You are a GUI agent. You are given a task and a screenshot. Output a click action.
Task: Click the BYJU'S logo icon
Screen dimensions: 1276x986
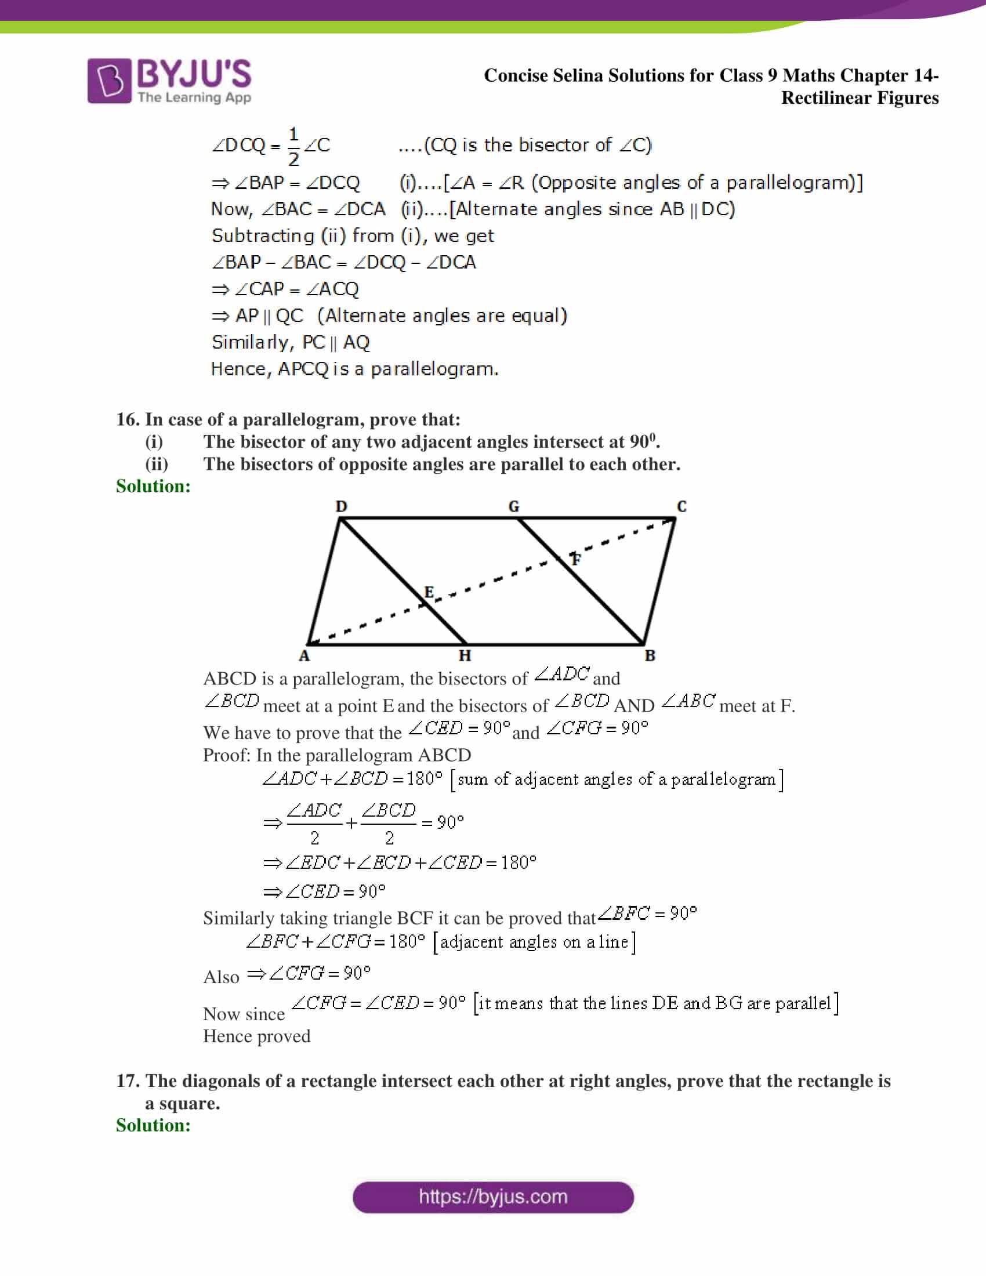point(109,81)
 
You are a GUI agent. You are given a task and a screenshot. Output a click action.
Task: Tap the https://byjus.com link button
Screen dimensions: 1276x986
point(493,1197)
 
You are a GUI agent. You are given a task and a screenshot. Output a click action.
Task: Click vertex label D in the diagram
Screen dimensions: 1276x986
point(341,506)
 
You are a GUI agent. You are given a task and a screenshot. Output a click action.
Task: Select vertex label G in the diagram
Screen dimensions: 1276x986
point(513,506)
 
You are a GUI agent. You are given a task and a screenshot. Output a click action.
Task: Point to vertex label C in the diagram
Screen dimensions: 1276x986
point(681,506)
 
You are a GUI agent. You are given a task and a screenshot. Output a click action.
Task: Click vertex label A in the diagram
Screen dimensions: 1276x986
point(304,656)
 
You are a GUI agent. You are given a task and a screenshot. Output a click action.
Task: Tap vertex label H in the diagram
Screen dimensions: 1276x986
point(465,656)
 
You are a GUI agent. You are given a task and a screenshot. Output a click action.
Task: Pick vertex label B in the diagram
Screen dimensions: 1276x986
point(650,656)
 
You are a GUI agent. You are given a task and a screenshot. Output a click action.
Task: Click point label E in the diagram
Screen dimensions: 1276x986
point(429,592)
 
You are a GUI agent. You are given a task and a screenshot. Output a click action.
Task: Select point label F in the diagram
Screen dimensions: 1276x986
point(576,559)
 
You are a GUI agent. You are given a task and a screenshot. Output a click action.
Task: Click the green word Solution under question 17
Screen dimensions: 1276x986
point(153,1125)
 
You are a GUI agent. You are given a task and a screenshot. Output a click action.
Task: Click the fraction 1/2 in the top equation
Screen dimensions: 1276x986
point(293,146)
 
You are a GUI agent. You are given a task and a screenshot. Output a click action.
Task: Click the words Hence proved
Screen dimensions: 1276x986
point(256,1036)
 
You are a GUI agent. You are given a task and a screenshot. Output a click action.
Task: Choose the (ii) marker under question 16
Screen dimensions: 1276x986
point(157,464)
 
